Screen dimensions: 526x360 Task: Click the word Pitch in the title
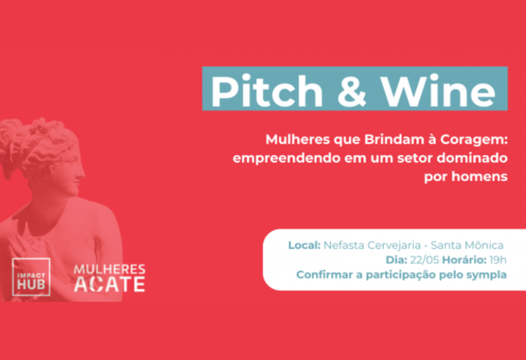pos(267,91)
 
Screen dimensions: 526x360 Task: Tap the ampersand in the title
pos(352,91)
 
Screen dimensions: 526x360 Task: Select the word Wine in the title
pos(438,91)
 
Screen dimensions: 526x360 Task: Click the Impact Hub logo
pos(31,277)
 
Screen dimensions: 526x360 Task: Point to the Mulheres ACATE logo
pos(109,278)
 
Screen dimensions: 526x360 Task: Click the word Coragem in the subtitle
pos(473,140)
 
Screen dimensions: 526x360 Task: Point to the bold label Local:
pos(304,245)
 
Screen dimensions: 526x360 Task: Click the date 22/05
pos(424,260)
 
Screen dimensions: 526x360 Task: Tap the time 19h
pos(498,260)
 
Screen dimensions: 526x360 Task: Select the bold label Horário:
pos(464,260)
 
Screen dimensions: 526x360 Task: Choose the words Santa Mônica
pos(467,245)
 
